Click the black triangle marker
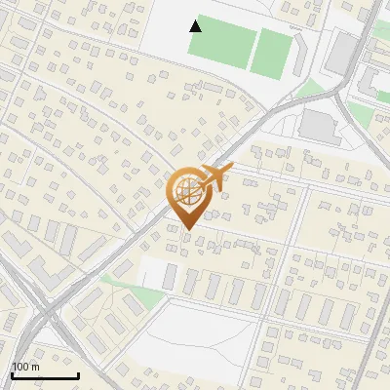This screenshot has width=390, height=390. (196, 25)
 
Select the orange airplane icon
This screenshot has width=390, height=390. (214, 177)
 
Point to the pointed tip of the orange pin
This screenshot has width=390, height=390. (185, 229)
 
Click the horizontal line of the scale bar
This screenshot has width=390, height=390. (44, 375)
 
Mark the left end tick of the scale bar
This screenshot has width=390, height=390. (11, 373)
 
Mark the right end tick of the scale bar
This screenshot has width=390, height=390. (78, 373)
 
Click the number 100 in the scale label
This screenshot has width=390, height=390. (19, 366)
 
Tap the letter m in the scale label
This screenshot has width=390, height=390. (34, 366)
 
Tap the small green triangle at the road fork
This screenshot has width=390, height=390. (310, 89)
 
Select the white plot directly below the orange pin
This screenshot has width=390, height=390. (156, 273)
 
